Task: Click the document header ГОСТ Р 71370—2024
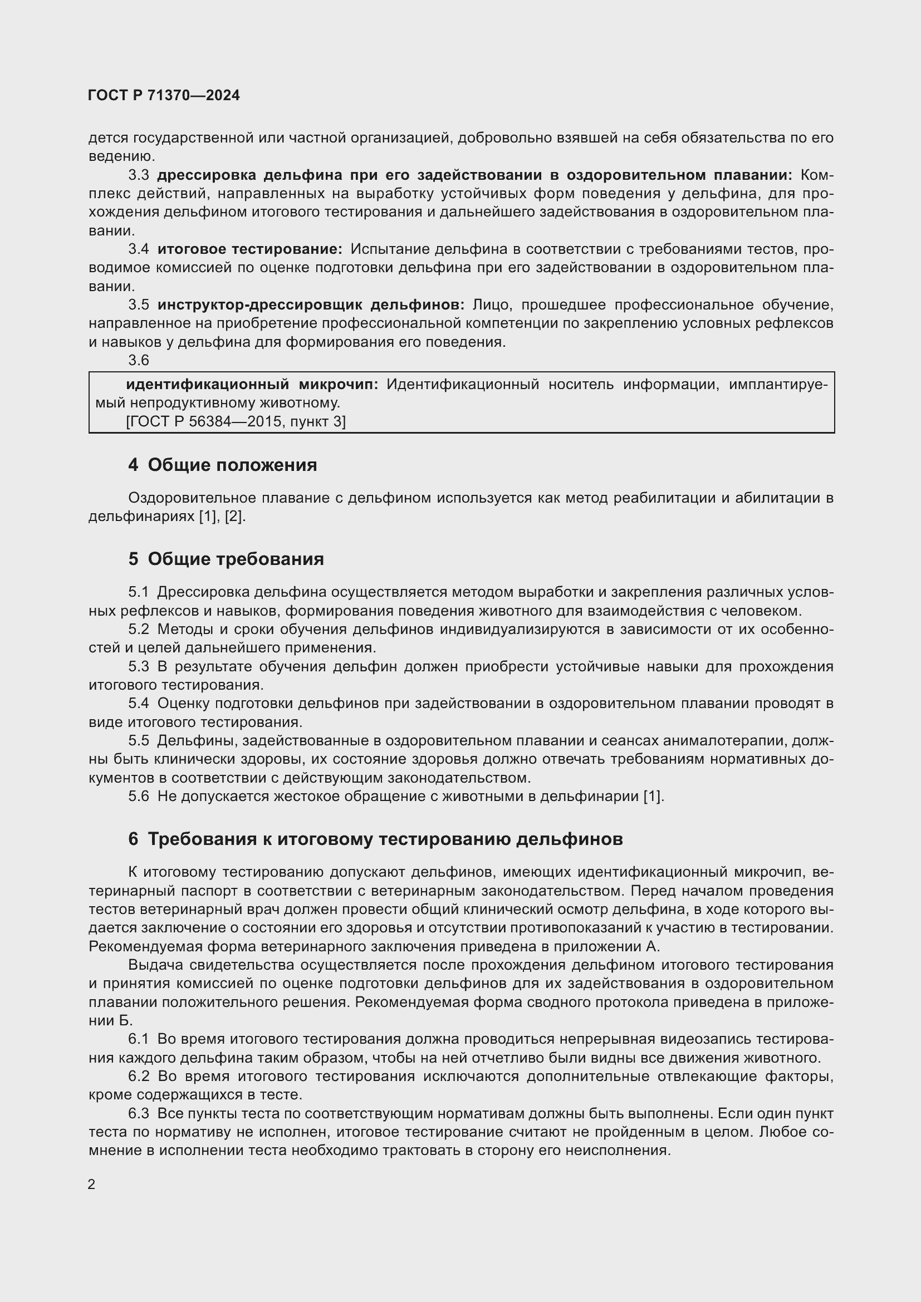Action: (x=164, y=96)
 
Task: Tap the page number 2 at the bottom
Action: (x=92, y=1185)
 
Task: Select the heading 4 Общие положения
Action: (x=222, y=465)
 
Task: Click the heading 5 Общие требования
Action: (x=226, y=559)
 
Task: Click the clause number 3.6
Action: (x=139, y=360)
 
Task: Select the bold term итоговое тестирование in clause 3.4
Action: (x=249, y=249)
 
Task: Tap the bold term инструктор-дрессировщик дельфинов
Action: (x=310, y=304)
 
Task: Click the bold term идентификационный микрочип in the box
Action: (x=252, y=385)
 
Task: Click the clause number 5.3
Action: (x=139, y=666)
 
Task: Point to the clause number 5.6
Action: (x=139, y=796)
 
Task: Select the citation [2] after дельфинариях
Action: (x=234, y=517)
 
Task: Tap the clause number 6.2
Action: (x=139, y=1076)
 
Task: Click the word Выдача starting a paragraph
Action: (x=154, y=965)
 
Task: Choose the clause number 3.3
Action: (x=139, y=175)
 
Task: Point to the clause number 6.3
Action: (x=139, y=1113)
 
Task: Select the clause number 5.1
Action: (x=139, y=592)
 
